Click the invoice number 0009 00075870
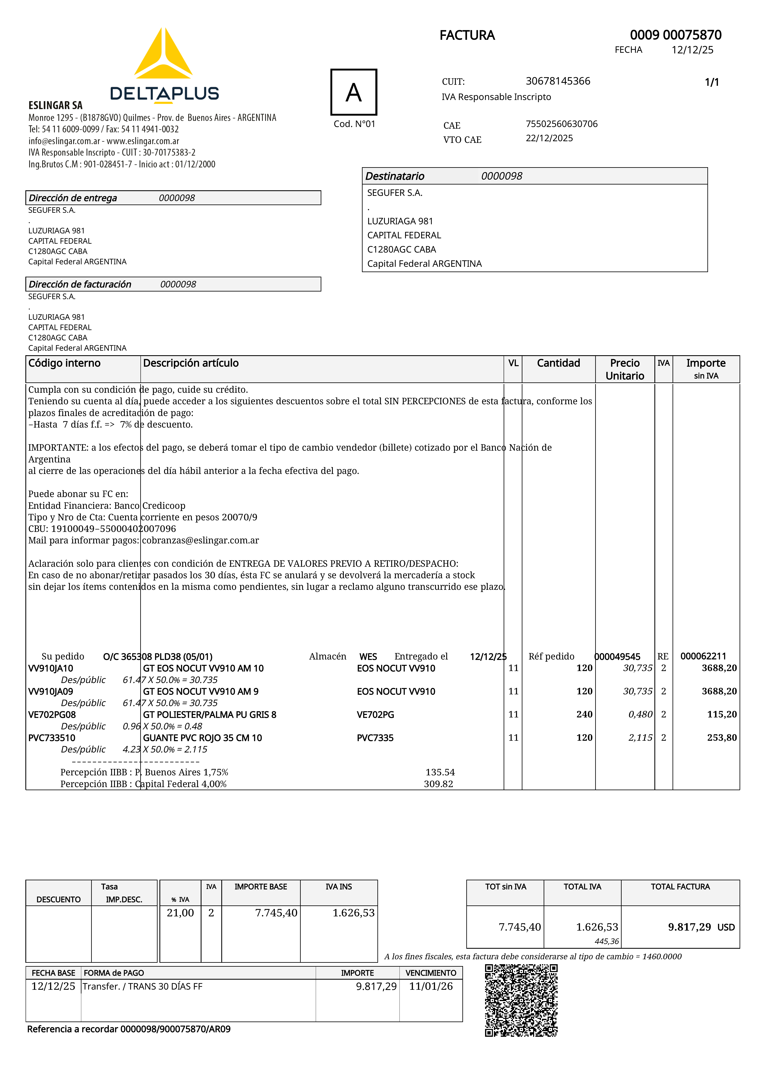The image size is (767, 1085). pyautogui.click(x=675, y=35)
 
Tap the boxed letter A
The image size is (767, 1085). pyautogui.click(x=354, y=92)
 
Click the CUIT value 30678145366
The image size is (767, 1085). pyautogui.click(x=558, y=81)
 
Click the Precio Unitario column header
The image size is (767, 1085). pyautogui.click(x=625, y=369)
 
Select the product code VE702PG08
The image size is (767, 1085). pyautogui.click(x=52, y=715)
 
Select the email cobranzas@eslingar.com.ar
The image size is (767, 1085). pyautogui.click(x=200, y=540)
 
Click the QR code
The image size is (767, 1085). pyautogui.click(x=521, y=1000)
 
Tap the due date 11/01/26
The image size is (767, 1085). pyautogui.click(x=431, y=986)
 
